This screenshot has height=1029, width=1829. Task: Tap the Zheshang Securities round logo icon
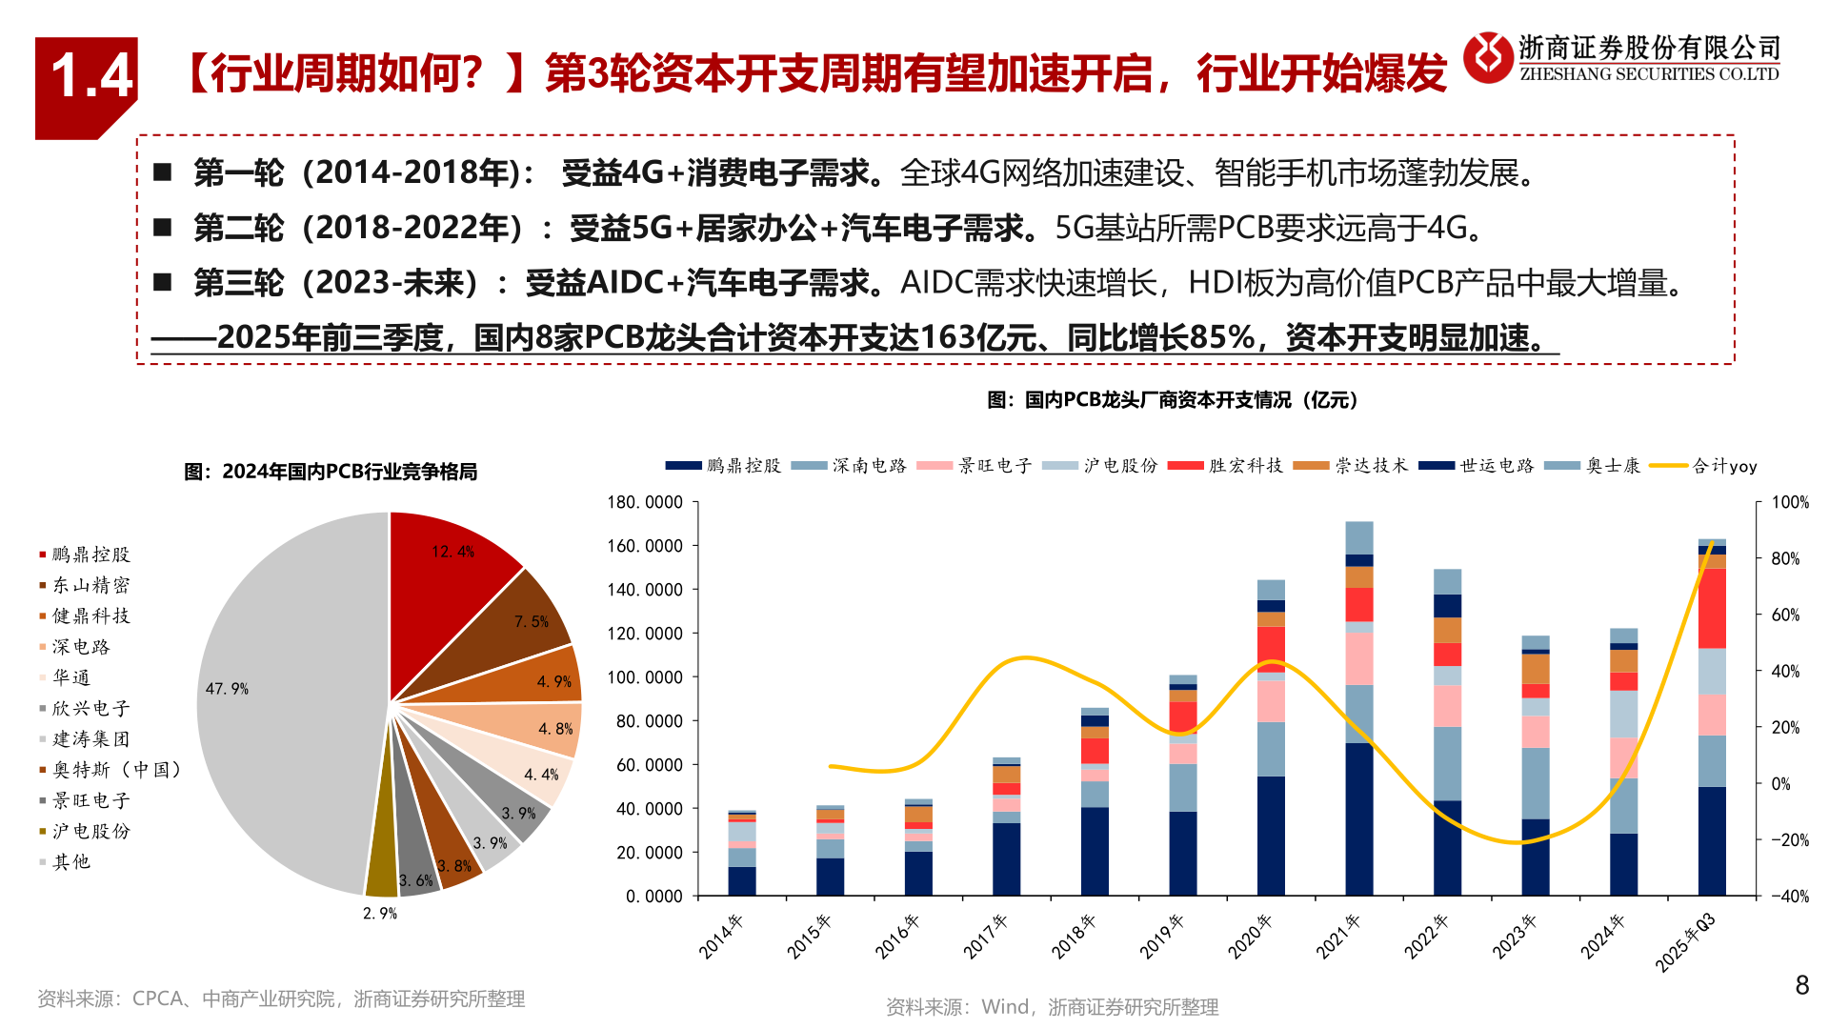tap(1488, 57)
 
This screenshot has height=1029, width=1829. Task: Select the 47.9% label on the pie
tap(227, 689)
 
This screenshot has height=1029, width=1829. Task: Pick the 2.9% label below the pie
tap(379, 913)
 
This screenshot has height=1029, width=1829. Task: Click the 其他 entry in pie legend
tap(70, 862)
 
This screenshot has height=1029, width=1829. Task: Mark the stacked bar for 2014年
tap(742, 853)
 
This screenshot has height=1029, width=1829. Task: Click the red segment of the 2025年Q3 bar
tap(1712, 608)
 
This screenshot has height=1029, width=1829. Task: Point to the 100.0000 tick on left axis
tap(645, 677)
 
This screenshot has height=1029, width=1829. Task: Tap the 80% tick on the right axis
tap(1785, 558)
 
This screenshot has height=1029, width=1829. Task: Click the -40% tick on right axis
tap(1789, 897)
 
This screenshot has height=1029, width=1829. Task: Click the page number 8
tap(1801, 985)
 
